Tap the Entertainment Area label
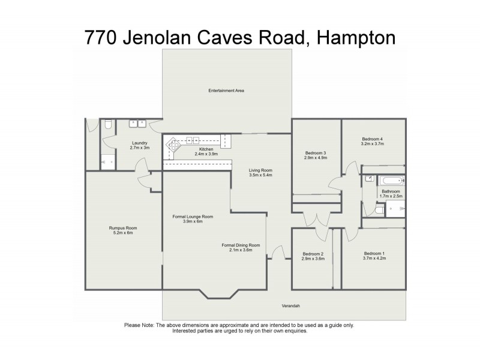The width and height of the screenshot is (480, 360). tap(226, 91)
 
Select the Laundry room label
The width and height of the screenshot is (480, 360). tap(140, 142)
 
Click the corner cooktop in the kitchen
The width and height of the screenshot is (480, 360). tap(172, 144)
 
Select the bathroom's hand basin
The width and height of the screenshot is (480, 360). tap(370, 179)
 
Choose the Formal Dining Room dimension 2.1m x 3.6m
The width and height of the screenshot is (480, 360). tap(240, 250)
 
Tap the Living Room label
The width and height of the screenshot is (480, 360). tap(261, 170)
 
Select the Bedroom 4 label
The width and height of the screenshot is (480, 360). tap(372, 139)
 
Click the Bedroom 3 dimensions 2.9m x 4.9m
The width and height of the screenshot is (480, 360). tap(316, 157)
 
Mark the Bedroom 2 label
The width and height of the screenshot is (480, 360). tap(313, 253)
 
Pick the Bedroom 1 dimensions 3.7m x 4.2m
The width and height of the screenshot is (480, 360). tap(374, 259)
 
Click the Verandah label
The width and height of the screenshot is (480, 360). tap(290, 306)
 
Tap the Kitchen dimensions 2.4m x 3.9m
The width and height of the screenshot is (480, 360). tap(206, 154)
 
